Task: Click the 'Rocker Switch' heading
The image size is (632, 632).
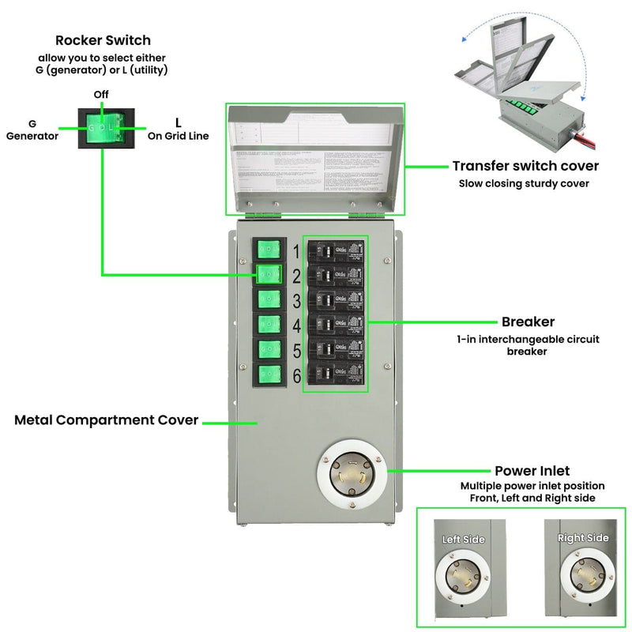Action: (103, 40)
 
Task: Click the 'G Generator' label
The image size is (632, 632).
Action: (32, 130)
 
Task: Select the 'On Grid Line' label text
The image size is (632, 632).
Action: (178, 136)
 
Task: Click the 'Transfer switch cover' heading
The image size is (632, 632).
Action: (525, 166)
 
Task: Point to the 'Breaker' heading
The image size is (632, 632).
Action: (528, 322)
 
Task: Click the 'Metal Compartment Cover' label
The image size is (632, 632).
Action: (106, 420)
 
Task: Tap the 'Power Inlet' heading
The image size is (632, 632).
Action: (532, 471)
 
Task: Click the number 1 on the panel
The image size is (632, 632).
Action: (296, 252)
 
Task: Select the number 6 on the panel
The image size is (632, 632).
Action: (296, 376)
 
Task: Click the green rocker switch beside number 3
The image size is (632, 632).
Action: (269, 299)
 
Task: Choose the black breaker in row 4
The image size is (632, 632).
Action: (336, 325)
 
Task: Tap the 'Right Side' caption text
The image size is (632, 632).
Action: (583, 538)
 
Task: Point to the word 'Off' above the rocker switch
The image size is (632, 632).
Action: (101, 95)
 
